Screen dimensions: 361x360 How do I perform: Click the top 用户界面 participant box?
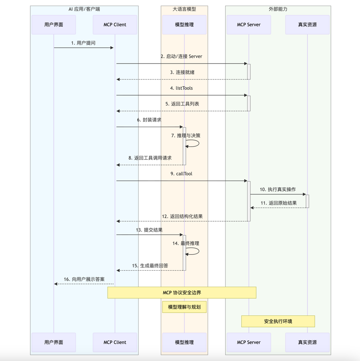pyautogui.click(x=53, y=25)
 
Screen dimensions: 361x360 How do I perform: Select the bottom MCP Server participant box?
pyautogui.click(x=249, y=342)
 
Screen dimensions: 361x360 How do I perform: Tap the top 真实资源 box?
pyautogui.click(x=307, y=25)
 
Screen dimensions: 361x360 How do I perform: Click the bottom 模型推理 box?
pyautogui.click(x=184, y=342)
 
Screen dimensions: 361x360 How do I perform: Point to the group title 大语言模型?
pyautogui.click(x=184, y=9)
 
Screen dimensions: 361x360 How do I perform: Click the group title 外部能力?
pyautogui.click(x=278, y=9)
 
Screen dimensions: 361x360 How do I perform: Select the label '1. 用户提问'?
pyautogui.click(x=83, y=43)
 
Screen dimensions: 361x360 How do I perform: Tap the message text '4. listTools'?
pyautogui.click(x=182, y=88)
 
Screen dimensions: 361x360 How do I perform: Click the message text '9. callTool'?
pyautogui.click(x=182, y=174)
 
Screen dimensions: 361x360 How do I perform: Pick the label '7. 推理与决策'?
pyautogui.click(x=186, y=135)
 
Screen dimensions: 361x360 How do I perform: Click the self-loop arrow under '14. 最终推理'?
pyautogui.click(x=194, y=251)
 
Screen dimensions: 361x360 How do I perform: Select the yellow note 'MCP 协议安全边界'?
pyautogui.click(x=182, y=293)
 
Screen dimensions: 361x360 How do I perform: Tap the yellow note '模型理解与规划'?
pyautogui.click(x=184, y=307)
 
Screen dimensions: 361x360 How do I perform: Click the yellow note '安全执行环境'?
pyautogui.click(x=278, y=321)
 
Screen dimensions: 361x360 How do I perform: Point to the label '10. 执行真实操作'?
pyautogui.click(x=278, y=189)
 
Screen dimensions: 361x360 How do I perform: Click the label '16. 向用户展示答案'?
pyautogui.click(x=84, y=279)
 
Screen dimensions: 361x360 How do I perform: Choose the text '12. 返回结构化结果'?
pyautogui.click(x=182, y=216)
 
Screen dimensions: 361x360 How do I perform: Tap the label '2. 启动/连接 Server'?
pyautogui.click(x=182, y=56)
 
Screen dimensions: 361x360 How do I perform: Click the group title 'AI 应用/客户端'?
pyautogui.click(x=84, y=9)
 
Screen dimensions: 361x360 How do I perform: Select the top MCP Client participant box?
pyautogui.click(x=115, y=25)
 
